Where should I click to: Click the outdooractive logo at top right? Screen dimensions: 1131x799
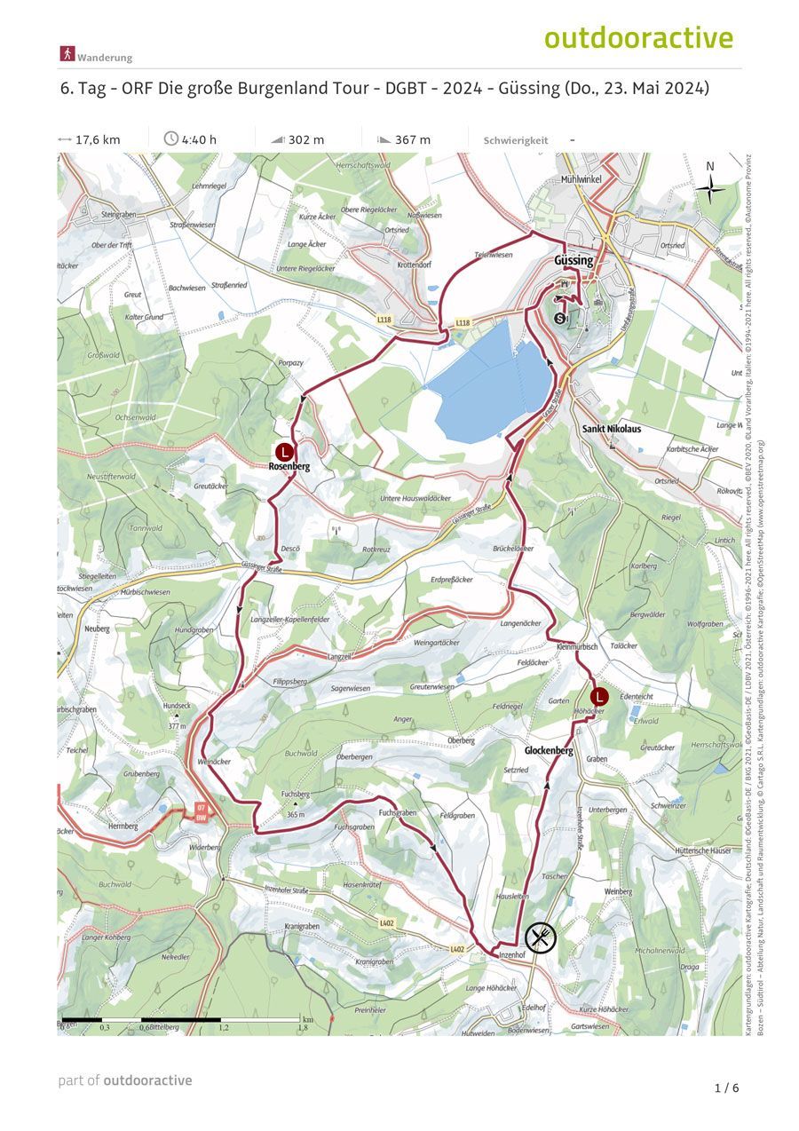pyautogui.click(x=638, y=38)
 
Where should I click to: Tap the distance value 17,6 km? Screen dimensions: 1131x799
pyautogui.click(x=98, y=139)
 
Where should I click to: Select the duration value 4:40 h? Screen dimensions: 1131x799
pyautogui.click(x=199, y=139)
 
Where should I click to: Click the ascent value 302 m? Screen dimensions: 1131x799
pyautogui.click(x=306, y=139)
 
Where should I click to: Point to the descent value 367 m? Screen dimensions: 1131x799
pyautogui.click(x=413, y=139)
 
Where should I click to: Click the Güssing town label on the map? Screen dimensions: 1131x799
pyautogui.click(x=573, y=261)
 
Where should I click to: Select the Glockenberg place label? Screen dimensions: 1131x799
pyautogui.click(x=549, y=751)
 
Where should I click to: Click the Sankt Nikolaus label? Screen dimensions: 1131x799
pyautogui.click(x=612, y=429)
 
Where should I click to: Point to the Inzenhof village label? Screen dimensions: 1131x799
pyautogui.click(x=513, y=955)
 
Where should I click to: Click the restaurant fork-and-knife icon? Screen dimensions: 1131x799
pyautogui.click(x=540, y=937)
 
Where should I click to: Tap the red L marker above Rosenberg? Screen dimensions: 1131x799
pyautogui.click(x=284, y=450)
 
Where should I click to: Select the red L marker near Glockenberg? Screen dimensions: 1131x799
pyautogui.click(x=599, y=697)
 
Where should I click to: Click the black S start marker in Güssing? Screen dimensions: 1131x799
pyautogui.click(x=559, y=318)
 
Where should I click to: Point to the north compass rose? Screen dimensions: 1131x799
pyautogui.click(x=709, y=186)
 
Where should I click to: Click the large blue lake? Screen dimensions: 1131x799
pyautogui.click(x=488, y=386)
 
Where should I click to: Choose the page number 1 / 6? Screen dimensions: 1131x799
pyautogui.click(x=726, y=1087)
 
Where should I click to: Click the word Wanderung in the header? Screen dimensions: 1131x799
pyautogui.click(x=105, y=58)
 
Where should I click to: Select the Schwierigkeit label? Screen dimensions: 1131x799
pyautogui.click(x=516, y=140)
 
